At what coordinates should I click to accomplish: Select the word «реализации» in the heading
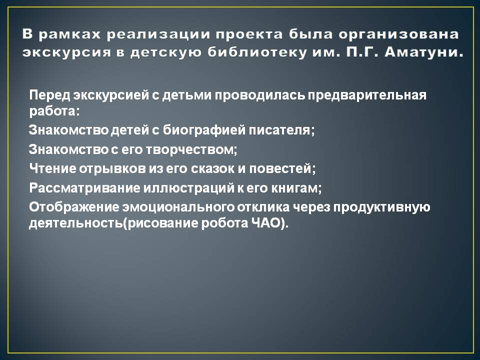click(x=158, y=34)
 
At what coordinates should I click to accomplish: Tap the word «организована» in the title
click(x=398, y=34)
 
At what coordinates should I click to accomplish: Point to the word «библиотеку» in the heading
click(x=257, y=52)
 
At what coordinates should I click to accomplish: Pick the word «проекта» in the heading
click(x=249, y=34)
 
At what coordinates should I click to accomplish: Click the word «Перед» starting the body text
click(x=50, y=95)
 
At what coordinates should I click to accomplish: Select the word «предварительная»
click(x=367, y=95)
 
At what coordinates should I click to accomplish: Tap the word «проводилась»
click(x=259, y=95)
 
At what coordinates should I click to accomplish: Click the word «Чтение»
click(x=53, y=168)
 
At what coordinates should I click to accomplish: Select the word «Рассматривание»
click(x=84, y=188)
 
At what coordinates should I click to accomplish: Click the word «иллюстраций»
click(x=188, y=188)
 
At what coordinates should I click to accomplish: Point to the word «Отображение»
click(x=74, y=207)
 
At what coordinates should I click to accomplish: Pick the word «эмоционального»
click(x=178, y=207)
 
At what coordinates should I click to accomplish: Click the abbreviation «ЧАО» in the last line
click(x=266, y=223)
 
